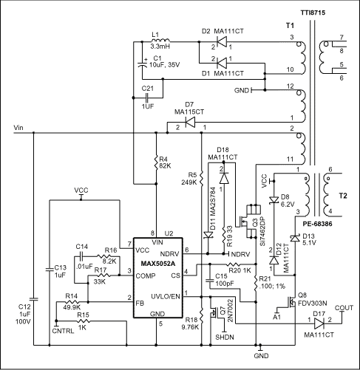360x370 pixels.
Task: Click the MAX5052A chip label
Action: click(x=156, y=263)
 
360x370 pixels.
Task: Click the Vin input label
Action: click(x=20, y=128)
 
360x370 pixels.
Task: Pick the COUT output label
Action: click(x=343, y=306)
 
